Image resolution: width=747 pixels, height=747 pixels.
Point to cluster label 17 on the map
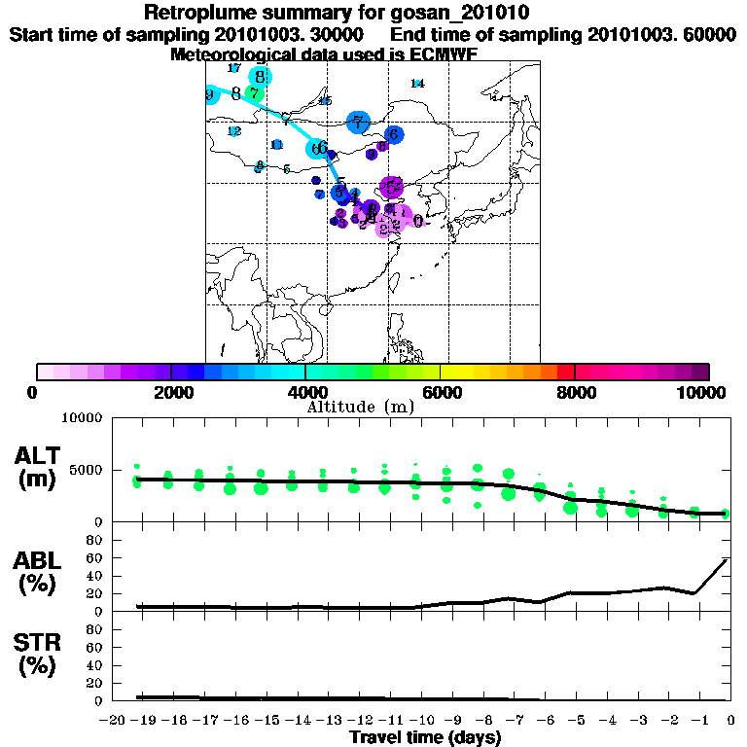coord(233,68)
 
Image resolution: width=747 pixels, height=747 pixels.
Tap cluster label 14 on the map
coord(417,84)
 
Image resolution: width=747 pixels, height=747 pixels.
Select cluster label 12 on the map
coord(234,131)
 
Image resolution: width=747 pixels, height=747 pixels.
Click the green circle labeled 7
coord(254,94)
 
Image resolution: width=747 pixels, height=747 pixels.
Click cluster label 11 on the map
coord(277,145)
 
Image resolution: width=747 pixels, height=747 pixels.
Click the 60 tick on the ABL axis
coord(96,557)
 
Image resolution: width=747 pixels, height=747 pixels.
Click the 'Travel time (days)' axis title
coord(425,737)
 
